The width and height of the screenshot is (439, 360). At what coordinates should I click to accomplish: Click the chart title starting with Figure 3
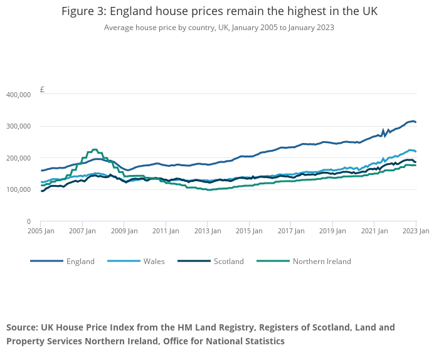pos(219,12)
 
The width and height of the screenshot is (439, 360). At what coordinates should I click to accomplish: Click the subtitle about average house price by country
pos(219,28)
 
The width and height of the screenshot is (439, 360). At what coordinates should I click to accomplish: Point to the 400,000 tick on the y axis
pos(18,95)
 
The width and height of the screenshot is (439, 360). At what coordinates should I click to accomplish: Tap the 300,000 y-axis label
pos(18,127)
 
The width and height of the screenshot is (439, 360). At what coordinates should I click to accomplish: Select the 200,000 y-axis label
pos(18,158)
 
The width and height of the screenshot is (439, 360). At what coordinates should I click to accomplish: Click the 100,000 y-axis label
pos(18,190)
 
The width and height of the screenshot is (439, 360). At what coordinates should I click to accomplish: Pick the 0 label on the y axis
pos(28,221)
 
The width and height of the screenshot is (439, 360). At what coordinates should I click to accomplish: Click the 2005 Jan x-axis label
pos(41,231)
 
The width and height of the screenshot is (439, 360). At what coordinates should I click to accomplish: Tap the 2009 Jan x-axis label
pos(123,231)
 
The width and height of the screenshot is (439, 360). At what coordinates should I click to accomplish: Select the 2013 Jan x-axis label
pos(207,231)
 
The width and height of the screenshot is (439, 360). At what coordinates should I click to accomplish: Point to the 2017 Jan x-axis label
pos(290,231)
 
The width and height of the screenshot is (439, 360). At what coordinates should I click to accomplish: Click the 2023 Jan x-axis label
pos(415,231)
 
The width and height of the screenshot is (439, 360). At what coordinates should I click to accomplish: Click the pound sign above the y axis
pos(42,90)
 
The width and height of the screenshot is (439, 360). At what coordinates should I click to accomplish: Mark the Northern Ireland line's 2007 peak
pos(95,150)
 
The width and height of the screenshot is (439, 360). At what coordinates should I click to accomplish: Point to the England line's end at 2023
pos(415,122)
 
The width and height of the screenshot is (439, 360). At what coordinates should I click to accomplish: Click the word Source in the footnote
pos(23,327)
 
